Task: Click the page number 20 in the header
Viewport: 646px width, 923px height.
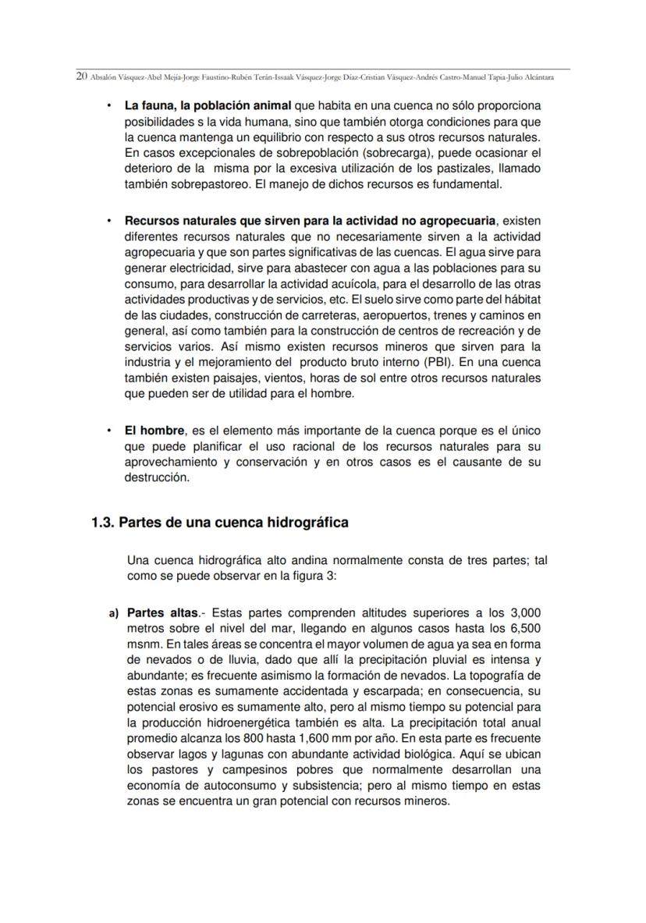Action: coord(81,77)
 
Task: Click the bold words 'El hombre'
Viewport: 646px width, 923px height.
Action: coord(154,431)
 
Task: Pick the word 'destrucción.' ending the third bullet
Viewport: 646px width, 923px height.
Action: coord(157,478)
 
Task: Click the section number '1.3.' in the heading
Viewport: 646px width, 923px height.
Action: coord(103,523)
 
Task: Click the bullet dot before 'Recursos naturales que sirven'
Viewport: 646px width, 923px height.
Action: coord(108,220)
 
